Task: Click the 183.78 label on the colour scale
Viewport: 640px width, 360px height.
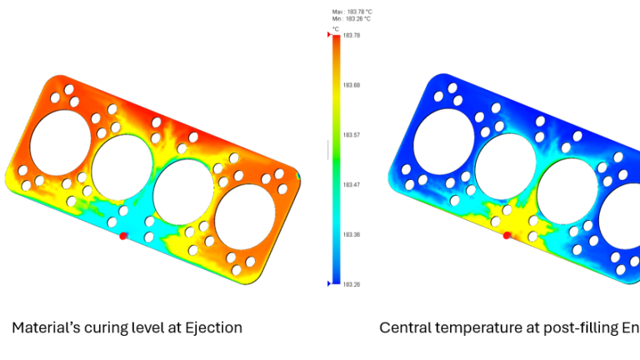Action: [x=351, y=36]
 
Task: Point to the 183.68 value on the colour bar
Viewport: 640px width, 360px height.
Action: [x=351, y=85]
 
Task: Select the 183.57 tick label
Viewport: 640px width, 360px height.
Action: [x=351, y=135]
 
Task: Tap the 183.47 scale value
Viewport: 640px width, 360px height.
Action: [x=351, y=185]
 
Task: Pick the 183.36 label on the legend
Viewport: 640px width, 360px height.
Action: [x=351, y=235]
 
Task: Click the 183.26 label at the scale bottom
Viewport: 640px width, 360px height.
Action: [x=351, y=285]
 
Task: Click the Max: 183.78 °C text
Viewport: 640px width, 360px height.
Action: [x=351, y=12]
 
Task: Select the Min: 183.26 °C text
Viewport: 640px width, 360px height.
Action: [x=351, y=17]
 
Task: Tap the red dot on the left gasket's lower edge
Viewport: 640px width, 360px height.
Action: [x=123, y=237]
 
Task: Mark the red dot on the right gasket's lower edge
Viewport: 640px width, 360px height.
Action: [x=506, y=236]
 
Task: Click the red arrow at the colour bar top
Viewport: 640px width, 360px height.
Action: [x=330, y=35]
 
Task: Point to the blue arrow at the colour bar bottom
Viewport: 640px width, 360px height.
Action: [x=330, y=284]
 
